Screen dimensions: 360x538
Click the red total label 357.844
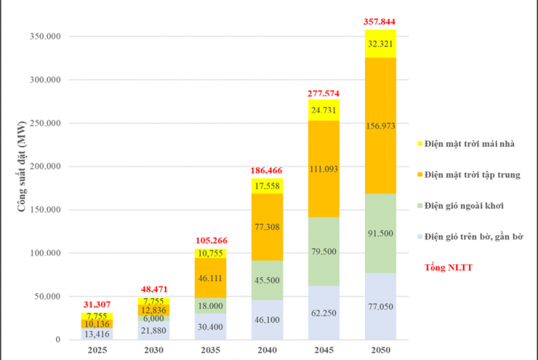[380, 23]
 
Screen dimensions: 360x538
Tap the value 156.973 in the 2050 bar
[381, 126]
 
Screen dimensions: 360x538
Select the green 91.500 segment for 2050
[381, 233]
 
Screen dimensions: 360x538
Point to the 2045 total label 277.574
[324, 94]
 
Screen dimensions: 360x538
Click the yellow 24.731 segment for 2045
[324, 110]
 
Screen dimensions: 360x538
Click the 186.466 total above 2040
[268, 170]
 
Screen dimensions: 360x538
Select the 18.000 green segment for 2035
[211, 306]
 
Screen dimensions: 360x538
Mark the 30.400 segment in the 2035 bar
[211, 327]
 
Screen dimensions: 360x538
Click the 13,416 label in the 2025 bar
[97, 334]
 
